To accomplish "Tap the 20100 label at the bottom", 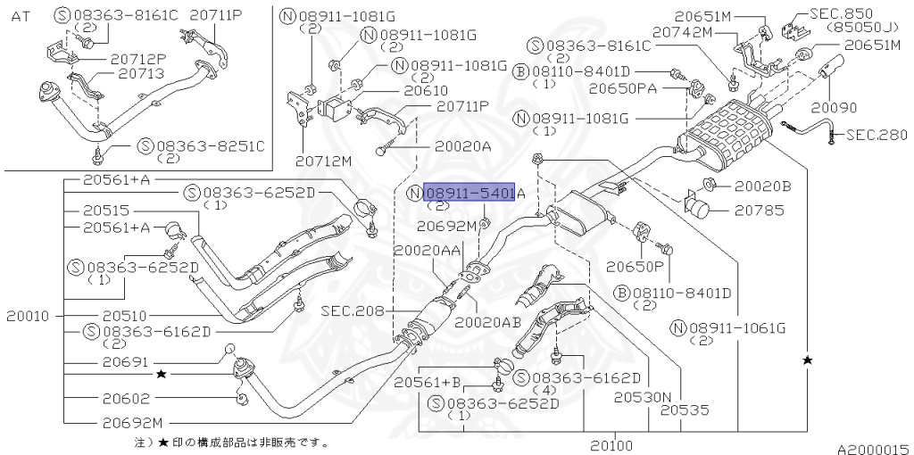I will [x=611, y=444].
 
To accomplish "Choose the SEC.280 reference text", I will [x=877, y=136].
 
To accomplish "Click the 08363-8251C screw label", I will [x=203, y=145].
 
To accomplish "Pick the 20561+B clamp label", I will [x=427, y=383].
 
